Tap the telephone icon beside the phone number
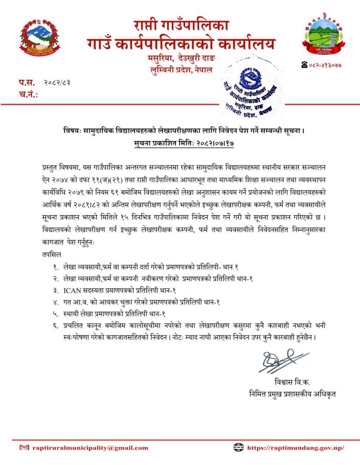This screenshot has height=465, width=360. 305,65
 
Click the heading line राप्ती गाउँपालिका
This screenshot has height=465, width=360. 181,24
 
